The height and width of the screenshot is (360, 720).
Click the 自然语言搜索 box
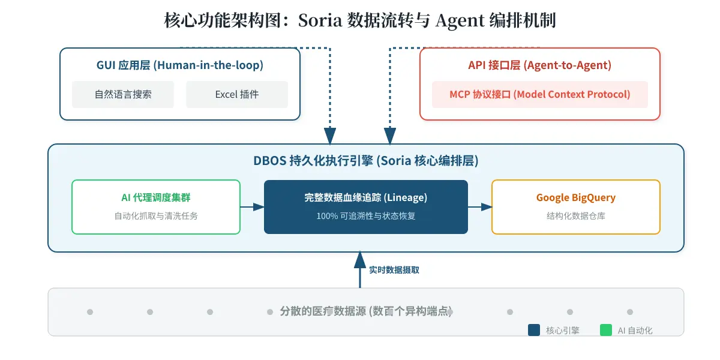pos(123,94)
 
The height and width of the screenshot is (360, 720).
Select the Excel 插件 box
pos(237,94)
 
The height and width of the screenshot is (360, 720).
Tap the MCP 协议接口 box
pos(539,94)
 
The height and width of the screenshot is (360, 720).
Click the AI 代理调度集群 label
pos(156,197)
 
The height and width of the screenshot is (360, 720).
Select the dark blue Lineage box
pos(366,206)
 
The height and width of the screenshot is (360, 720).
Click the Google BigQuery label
pos(575,197)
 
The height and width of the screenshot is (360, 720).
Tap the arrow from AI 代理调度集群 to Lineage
pos(253,206)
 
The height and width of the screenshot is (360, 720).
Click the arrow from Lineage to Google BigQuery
pos(480,206)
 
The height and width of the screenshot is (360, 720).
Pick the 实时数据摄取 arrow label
pos(394,270)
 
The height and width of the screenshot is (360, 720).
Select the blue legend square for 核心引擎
pos(534,330)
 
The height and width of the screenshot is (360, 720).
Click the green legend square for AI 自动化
pos(606,330)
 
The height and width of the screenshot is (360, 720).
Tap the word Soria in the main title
pos(320,20)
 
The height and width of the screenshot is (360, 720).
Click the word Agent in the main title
pos(460,21)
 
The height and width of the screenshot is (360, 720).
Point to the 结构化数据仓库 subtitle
pos(575,216)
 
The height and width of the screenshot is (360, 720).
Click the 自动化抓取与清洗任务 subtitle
pos(156,216)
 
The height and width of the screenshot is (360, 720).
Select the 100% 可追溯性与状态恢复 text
pos(366,216)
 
